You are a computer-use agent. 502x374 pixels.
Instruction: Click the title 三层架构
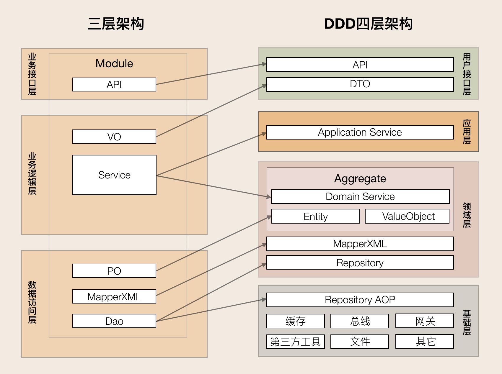[x=116, y=24]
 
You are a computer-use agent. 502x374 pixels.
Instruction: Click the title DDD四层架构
[x=368, y=24]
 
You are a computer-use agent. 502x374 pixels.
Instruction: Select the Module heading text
[x=114, y=63]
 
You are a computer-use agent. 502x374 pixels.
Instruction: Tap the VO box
[x=114, y=137]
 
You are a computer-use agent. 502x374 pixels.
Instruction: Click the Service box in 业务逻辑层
[x=114, y=175]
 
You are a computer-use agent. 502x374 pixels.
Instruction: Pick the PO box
[x=114, y=271]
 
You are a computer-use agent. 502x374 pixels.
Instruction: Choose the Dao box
[x=114, y=321]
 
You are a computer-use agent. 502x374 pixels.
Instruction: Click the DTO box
[x=360, y=84]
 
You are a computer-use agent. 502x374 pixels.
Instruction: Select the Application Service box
[x=360, y=132]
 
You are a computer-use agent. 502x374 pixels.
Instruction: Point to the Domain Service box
[x=360, y=196]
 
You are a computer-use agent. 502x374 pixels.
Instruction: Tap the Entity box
[x=315, y=216]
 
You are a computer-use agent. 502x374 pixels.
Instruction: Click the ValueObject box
[x=407, y=216]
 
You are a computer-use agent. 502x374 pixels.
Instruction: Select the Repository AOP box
[x=360, y=300]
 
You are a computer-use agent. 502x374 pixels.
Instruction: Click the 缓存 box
[x=295, y=321]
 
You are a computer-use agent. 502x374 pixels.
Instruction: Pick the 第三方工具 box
[x=295, y=342]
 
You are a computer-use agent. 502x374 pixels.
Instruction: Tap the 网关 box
[x=424, y=321]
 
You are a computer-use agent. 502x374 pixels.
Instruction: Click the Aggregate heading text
[x=360, y=178]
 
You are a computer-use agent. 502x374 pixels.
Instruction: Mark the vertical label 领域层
[x=467, y=215]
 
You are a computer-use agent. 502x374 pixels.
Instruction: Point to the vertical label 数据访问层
[x=32, y=302]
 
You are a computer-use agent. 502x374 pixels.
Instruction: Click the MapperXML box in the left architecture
[x=114, y=296]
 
